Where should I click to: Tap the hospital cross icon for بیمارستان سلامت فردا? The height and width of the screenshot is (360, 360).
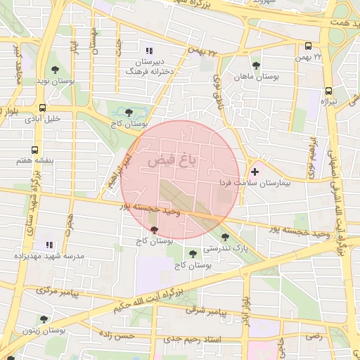pos(255,172)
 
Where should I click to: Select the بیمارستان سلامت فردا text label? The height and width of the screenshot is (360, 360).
pos(284,181)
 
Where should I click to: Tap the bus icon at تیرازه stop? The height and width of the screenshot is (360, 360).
pos(328,91)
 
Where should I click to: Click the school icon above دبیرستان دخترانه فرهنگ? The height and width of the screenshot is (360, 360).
pos(148,51)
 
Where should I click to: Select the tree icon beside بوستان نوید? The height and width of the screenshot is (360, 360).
pos(56,69)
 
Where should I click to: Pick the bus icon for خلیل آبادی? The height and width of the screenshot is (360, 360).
pos(43,108)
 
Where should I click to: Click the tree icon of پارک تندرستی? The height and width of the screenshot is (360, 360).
pos(225,237)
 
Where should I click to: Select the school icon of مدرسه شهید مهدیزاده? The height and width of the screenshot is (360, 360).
pos(49,245)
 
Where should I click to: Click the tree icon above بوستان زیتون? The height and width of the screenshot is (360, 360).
pos(44,319)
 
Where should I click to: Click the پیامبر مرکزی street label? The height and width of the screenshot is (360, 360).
pos(56,290)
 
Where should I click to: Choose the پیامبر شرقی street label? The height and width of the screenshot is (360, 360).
pos(206,310)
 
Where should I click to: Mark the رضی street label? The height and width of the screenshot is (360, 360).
pos(314,336)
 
